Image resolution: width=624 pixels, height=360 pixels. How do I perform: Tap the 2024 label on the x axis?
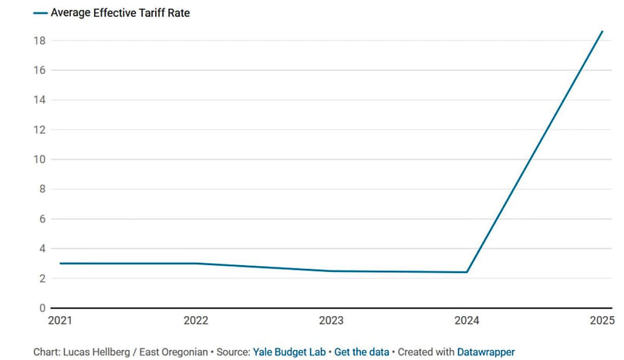tap(466, 320)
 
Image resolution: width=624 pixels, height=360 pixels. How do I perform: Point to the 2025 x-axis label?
tap(602, 320)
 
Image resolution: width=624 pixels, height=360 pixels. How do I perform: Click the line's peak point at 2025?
tap(602, 32)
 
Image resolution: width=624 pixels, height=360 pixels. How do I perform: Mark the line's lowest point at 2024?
tap(467, 272)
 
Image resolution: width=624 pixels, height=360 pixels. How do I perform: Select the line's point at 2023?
tap(331, 271)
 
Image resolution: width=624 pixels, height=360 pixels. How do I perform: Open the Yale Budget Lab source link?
tap(290, 352)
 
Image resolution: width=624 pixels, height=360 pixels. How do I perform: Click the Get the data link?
tap(362, 352)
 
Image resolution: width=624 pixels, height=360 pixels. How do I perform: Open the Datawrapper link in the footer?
tap(486, 352)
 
